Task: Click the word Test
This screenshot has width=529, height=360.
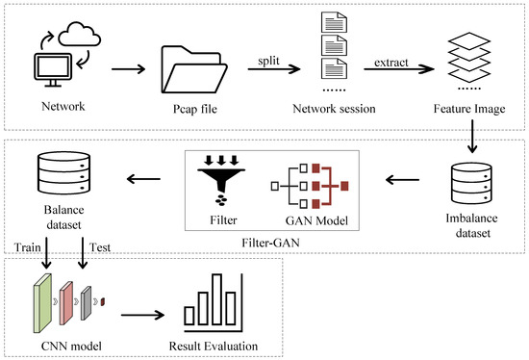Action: [x=100, y=245]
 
